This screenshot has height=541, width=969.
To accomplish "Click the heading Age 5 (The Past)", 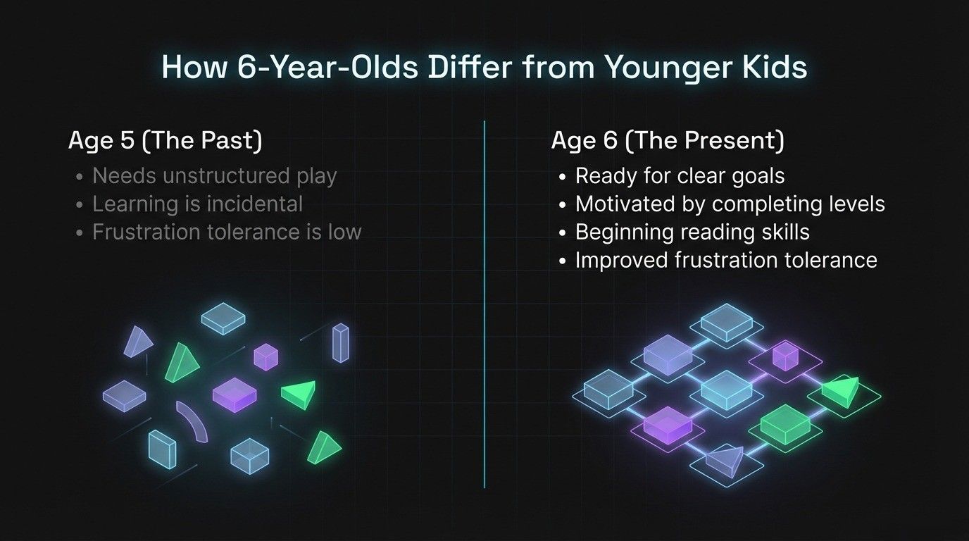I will (165, 141).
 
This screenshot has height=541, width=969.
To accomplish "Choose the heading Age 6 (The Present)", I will (667, 141).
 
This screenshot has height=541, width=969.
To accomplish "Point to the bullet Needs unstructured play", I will (214, 175).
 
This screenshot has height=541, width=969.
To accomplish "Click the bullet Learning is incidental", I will (197, 204).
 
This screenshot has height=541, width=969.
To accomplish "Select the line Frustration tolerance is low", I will (226, 232).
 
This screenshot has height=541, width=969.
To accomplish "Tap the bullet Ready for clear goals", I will (680, 175).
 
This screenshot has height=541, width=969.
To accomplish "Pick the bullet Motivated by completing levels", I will (730, 204).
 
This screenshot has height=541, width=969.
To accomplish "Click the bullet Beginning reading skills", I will (692, 232).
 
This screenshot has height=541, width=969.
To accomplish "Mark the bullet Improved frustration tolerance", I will (726, 260).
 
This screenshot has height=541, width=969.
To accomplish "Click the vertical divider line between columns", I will (484, 303).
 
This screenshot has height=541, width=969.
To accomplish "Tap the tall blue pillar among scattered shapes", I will (341, 343).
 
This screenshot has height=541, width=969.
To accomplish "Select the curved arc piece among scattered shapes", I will (192, 421).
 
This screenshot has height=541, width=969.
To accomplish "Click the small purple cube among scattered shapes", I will (265, 356).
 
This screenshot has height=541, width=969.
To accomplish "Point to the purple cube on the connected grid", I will (784, 356).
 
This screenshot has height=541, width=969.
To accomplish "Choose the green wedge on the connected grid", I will (842, 390).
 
